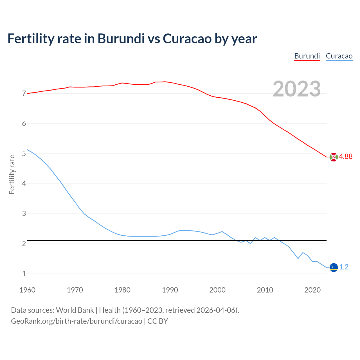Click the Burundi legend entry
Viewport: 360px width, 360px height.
pos(307,56)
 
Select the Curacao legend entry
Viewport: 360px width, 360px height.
pos(339,56)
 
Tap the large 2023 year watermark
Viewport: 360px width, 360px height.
pos(296,89)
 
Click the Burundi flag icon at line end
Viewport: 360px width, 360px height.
pos(333,157)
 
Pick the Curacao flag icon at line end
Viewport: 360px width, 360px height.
pos(333,267)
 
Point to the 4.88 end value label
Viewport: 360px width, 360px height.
pos(346,157)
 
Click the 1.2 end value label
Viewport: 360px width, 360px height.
pos(344,267)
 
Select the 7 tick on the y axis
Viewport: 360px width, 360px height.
pos(24,94)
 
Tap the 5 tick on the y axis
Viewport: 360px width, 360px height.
pos(24,154)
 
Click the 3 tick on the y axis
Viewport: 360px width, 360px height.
pos(24,214)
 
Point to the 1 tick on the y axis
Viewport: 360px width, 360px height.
pos(24,274)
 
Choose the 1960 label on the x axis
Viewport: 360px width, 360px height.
pos(27,290)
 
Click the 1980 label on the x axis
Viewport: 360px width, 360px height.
pos(122,290)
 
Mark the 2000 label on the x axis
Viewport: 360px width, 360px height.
pos(217,290)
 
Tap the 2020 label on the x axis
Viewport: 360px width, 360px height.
pos(312,290)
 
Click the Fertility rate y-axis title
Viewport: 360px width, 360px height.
pos(12,174)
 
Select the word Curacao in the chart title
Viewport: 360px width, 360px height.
pos(187,39)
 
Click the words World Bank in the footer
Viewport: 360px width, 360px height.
pos(75,310)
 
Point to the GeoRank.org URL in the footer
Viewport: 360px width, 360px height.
pos(76,321)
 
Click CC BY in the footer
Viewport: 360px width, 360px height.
pos(157,321)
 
